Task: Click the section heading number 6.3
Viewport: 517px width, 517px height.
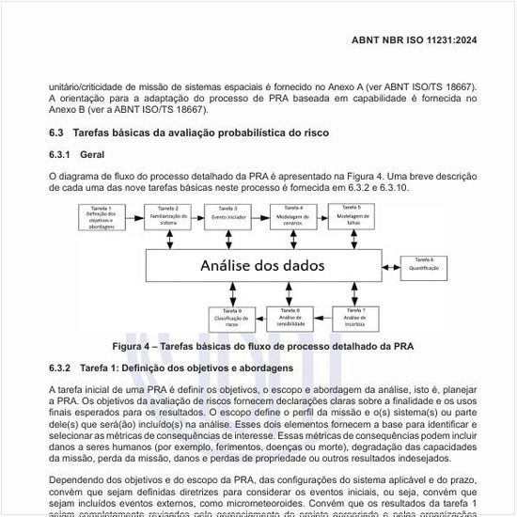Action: [55, 134]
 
